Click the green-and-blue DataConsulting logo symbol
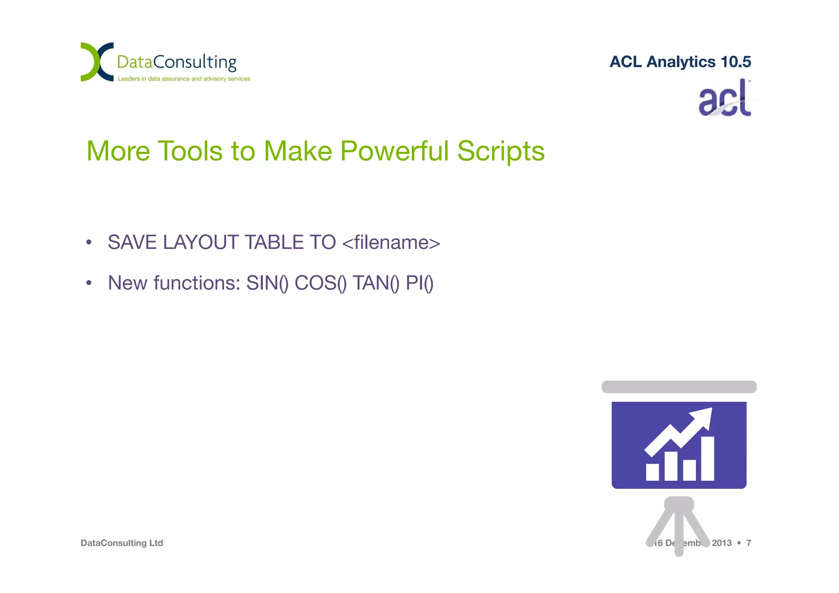[97, 61]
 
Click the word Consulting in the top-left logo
[195, 62]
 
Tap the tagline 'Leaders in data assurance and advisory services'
[184, 79]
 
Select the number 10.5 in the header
[735, 62]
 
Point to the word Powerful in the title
[395, 151]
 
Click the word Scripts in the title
[501, 151]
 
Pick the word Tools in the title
[190, 151]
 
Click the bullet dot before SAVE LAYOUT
[89, 242]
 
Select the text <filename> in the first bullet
[391, 242]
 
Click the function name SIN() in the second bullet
[267, 283]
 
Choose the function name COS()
[321, 283]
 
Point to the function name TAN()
[376, 283]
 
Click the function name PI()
[419, 283]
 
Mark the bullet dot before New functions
[89, 283]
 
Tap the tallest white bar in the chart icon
[707, 459]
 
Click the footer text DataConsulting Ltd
[122, 543]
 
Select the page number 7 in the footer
[748, 543]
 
